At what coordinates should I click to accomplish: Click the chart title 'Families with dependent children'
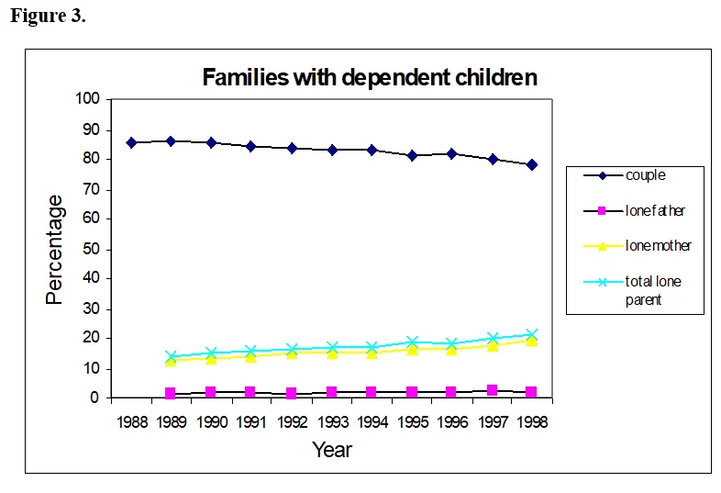click(370, 77)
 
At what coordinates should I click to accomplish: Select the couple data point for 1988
click(131, 142)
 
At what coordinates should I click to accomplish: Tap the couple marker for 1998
click(532, 165)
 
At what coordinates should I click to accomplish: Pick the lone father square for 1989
click(170, 393)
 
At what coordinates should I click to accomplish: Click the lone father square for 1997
click(492, 390)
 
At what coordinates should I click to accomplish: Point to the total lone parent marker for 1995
click(413, 342)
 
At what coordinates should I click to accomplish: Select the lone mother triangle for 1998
click(531, 341)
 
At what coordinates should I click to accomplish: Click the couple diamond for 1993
click(332, 150)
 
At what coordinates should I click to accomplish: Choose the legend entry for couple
click(625, 175)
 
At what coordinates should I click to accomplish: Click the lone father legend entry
click(634, 211)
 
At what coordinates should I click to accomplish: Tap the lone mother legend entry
click(638, 246)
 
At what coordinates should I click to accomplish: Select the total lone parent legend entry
click(633, 290)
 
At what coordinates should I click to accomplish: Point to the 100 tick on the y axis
click(87, 98)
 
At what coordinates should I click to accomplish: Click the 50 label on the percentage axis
click(91, 249)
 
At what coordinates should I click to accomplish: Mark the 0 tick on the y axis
click(94, 398)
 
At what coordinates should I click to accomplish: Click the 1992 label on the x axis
click(292, 421)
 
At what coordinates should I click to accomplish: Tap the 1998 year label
click(532, 421)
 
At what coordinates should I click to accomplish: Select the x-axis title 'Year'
click(332, 450)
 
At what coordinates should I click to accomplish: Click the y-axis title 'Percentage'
click(54, 250)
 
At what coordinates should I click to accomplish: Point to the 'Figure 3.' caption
click(48, 16)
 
